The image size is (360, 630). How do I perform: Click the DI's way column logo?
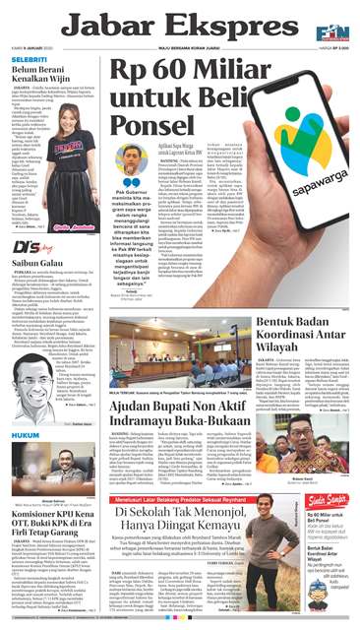pyautogui.click(x=33, y=248)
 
